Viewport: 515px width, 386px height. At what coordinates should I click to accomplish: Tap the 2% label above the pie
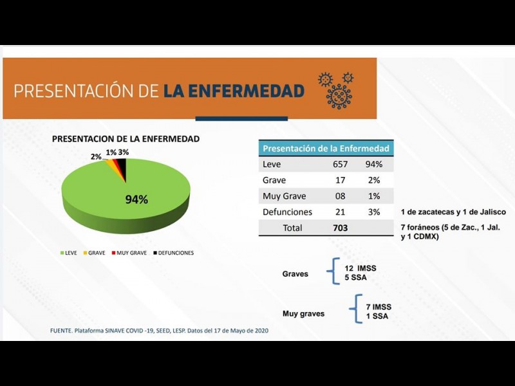pos(96,156)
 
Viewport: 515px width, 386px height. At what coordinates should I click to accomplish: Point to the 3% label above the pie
pos(124,152)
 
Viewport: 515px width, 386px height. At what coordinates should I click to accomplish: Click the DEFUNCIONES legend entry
pos(173,253)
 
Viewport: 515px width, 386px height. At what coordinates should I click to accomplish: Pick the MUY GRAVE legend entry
pos(129,253)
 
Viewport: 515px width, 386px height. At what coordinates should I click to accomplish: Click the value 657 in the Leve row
pos(340,164)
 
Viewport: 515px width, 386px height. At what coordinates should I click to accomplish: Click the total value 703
pos(340,228)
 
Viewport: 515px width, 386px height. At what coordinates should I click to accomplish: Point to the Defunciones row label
pos(287,212)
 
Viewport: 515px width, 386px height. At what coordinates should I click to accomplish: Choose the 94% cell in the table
pos(373,164)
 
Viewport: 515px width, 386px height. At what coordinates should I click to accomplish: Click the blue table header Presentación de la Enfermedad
pos(326,149)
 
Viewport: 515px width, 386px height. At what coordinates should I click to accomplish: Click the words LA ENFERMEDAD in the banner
pos(234,91)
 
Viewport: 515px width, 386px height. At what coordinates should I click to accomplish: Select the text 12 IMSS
pos(359,268)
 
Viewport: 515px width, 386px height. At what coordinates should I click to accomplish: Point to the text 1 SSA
pos(377,316)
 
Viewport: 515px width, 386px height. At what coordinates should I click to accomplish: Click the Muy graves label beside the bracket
pos(303,314)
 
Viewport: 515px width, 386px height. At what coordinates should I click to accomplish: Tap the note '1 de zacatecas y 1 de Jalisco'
pos(453,212)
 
